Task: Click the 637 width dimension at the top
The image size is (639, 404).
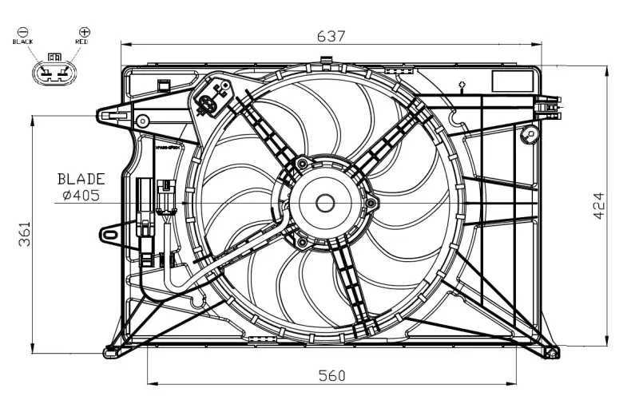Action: pyautogui.click(x=331, y=36)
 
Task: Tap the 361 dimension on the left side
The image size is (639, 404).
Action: pyautogui.click(x=24, y=234)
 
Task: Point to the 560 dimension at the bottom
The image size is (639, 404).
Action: pyautogui.click(x=331, y=375)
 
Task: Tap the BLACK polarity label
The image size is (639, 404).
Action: pyautogui.click(x=22, y=41)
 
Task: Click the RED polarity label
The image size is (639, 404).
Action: pyautogui.click(x=82, y=41)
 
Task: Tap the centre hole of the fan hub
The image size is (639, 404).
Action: pyautogui.click(x=324, y=203)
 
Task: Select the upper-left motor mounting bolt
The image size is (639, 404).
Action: pyautogui.click(x=301, y=164)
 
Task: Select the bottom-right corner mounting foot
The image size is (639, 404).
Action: pyautogui.click(x=550, y=351)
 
